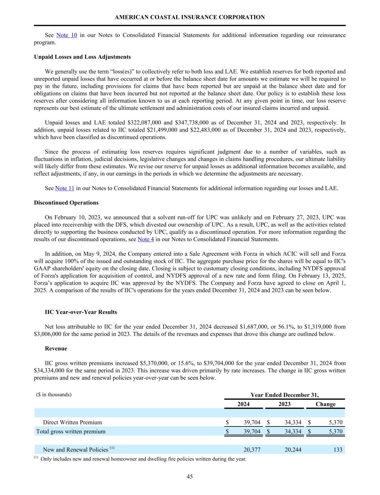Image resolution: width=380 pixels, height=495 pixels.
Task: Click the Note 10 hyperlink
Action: click(67, 35)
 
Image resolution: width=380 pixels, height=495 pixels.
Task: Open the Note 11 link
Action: click(65, 188)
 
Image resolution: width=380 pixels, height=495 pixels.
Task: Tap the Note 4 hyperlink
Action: click(146, 239)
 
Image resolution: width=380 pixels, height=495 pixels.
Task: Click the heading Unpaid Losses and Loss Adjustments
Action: click(82, 57)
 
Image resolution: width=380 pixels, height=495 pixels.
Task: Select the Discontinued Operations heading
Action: click(66, 203)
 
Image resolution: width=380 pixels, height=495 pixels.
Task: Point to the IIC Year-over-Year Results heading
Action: click(81, 312)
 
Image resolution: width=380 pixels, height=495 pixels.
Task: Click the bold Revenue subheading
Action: click(56, 348)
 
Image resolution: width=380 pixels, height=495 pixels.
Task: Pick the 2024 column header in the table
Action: click(243, 404)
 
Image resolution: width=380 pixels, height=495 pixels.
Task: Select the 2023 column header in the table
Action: click(284, 404)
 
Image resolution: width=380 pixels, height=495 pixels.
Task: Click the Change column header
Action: click(325, 404)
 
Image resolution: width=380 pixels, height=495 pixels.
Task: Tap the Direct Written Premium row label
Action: click(73, 422)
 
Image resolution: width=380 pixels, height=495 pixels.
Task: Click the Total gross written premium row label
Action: click(71, 432)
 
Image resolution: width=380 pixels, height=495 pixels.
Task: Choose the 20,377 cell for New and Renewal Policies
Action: click(252, 450)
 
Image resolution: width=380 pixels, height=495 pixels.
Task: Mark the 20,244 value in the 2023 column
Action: click(293, 450)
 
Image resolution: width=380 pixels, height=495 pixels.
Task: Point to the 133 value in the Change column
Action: click(338, 450)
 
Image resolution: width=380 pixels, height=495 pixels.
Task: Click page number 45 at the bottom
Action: click(190, 477)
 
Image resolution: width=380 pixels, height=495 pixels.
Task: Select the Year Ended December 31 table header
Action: click(285, 395)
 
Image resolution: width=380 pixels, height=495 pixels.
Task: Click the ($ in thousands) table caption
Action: click(54, 395)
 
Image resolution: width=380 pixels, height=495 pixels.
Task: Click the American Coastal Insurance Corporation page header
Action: click(190, 17)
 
